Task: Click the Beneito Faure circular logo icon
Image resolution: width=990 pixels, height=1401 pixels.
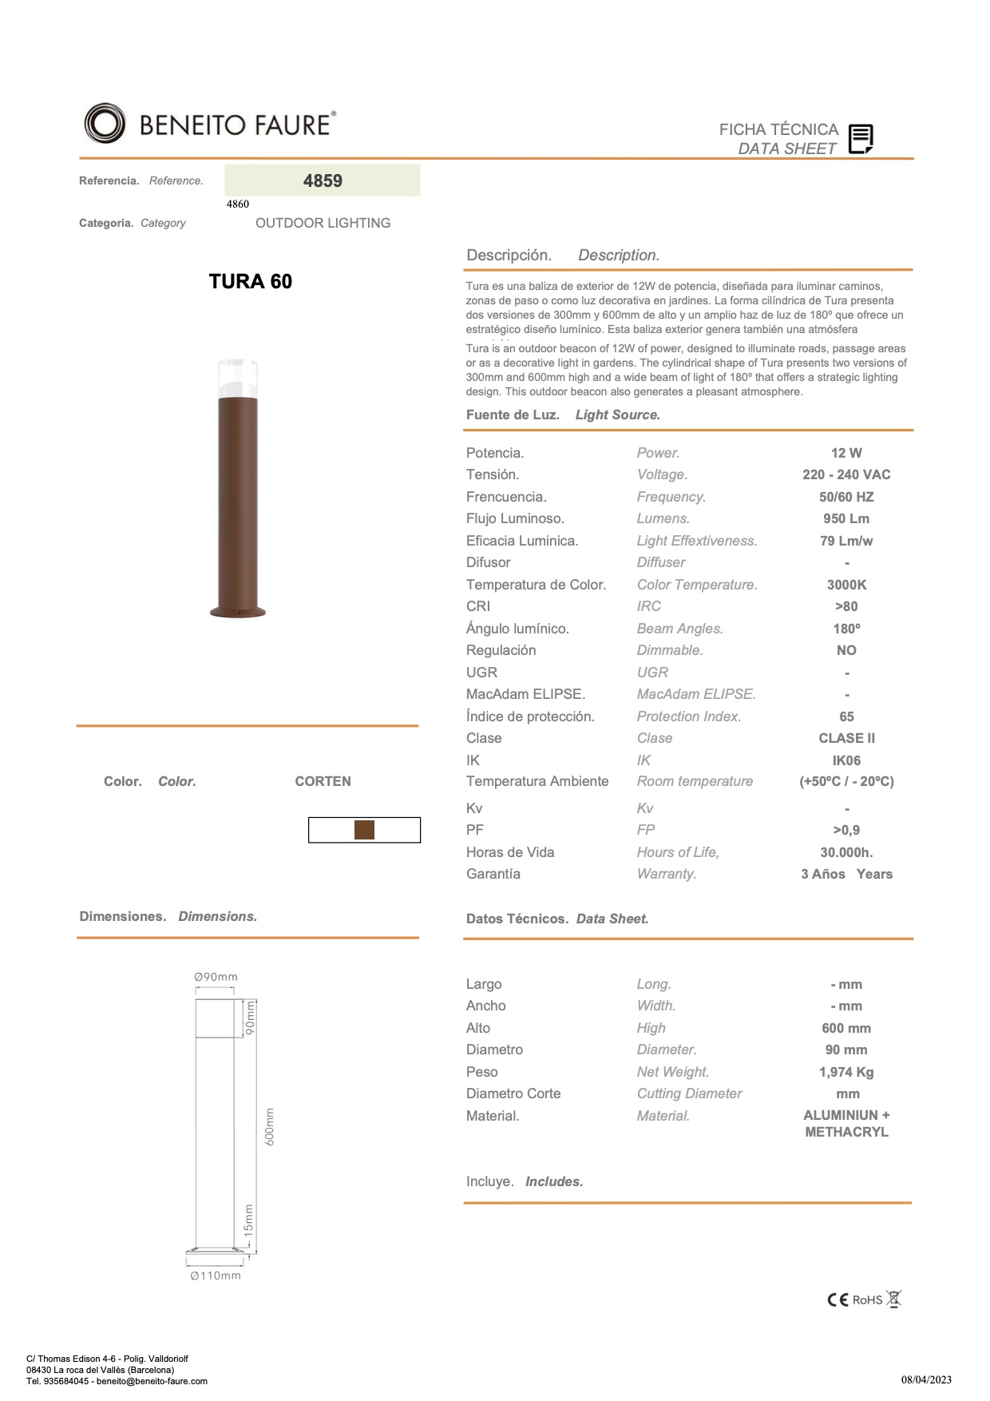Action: (105, 124)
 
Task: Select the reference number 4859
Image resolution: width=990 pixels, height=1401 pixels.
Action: (323, 181)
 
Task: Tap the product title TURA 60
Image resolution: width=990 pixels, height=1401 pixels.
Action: (250, 281)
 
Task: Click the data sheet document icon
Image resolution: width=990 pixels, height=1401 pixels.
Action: (860, 139)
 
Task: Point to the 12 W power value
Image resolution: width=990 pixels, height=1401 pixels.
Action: (846, 453)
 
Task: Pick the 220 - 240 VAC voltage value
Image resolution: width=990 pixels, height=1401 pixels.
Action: (846, 474)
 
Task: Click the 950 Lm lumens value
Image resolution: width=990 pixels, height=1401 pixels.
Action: (846, 518)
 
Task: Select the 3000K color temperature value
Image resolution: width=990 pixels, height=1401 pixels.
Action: (846, 585)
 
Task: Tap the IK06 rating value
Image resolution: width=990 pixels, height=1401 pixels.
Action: (846, 760)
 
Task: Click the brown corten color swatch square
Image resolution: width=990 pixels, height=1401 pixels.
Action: (364, 830)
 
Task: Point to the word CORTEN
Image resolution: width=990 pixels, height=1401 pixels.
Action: (323, 781)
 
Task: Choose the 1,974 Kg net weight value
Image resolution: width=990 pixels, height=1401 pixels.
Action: (846, 1072)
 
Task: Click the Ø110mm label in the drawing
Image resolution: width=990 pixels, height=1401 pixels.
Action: (216, 1276)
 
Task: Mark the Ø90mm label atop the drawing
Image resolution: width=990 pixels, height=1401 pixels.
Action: (216, 977)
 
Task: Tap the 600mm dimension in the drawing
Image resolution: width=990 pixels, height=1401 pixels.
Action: (270, 1126)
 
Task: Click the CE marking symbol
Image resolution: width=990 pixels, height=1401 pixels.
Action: (838, 1300)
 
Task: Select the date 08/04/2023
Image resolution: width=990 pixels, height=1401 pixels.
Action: (926, 1379)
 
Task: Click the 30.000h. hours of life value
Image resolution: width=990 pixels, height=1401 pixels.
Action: (846, 852)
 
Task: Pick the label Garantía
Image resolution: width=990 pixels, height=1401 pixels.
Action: (493, 874)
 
